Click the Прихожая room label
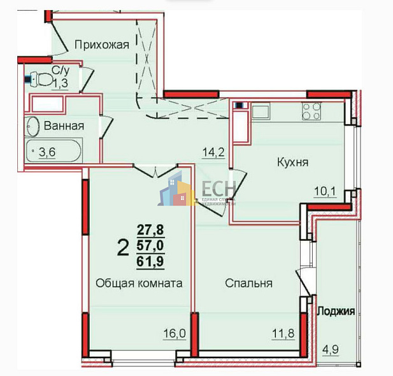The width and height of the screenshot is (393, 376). coord(101,45)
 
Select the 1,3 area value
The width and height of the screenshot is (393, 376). coord(61,83)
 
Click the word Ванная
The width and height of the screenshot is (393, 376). coord(64,126)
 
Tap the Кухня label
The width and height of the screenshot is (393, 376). coord(293,163)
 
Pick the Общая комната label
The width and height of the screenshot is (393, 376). coord(139,284)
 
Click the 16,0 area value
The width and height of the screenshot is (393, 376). coord(175,333)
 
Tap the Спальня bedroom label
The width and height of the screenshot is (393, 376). coord(248,284)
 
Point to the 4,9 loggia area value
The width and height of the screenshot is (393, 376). coord(329,349)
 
